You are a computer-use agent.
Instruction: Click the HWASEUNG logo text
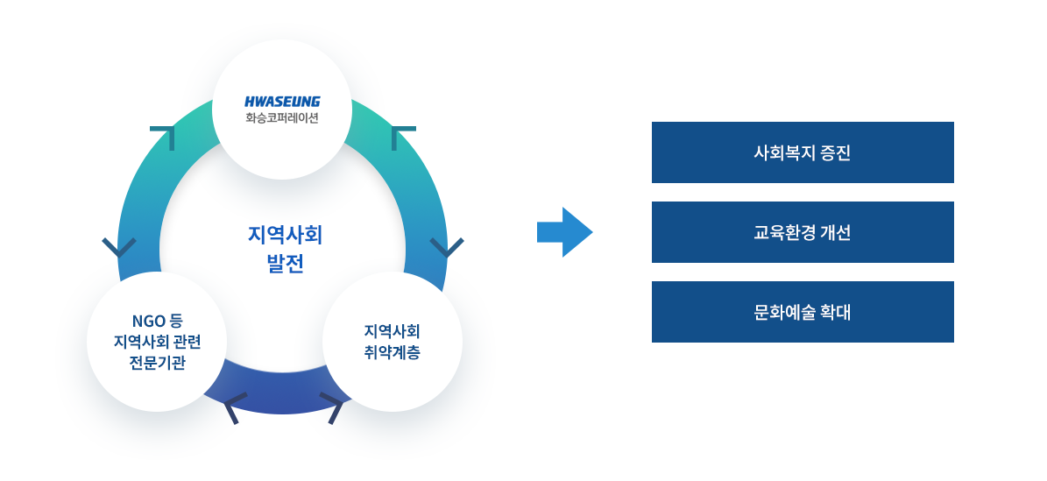click(282, 102)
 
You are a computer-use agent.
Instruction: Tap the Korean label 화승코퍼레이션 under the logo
click(282, 119)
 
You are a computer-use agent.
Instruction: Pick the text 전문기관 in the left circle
click(157, 363)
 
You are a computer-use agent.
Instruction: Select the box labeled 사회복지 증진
click(803, 152)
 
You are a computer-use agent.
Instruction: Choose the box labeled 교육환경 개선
click(803, 232)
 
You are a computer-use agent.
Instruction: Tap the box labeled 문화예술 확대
click(803, 312)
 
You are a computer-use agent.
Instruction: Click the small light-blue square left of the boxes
click(565, 231)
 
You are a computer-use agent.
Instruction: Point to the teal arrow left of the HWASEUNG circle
click(161, 138)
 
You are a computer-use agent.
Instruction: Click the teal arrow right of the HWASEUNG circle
click(404, 138)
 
